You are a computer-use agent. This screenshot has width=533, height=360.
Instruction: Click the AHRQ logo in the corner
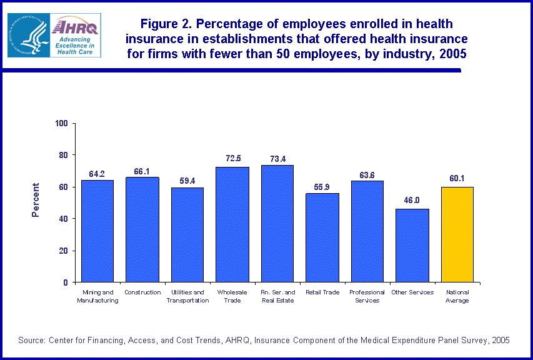[x=54, y=35]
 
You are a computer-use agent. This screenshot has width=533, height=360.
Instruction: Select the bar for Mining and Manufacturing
[x=97, y=231]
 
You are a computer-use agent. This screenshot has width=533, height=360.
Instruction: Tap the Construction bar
[x=142, y=229]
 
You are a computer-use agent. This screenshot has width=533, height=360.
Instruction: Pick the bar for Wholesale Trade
[x=232, y=224]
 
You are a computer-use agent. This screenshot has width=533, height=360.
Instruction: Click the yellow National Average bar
[x=457, y=234]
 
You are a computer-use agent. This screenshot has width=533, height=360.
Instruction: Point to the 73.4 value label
[x=277, y=159]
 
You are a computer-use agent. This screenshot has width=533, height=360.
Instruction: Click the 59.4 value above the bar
[x=187, y=181]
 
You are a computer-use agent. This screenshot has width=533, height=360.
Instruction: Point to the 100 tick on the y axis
[x=61, y=123]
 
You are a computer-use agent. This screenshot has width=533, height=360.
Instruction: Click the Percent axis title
[x=36, y=200]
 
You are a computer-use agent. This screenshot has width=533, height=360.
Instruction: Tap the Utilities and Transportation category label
[x=187, y=296]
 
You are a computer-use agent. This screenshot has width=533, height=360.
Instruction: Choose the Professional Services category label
[x=367, y=296]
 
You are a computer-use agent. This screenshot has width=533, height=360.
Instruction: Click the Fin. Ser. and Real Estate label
[x=277, y=296]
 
